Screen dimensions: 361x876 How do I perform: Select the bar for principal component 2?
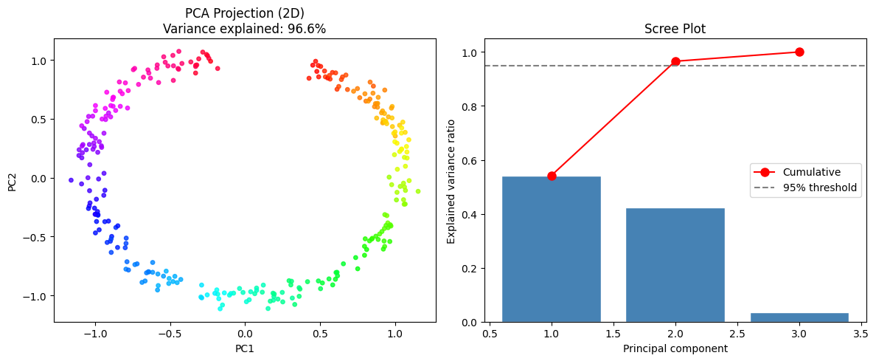[675, 265]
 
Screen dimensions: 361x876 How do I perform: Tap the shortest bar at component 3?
[799, 317]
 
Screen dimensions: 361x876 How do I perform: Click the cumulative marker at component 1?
[552, 176]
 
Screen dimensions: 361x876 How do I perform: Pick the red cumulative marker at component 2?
[675, 61]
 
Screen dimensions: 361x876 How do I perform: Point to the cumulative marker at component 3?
[799, 52]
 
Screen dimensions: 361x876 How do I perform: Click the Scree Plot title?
[675, 29]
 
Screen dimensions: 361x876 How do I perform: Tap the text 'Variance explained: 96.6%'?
[245, 29]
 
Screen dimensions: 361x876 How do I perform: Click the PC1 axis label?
[244, 348]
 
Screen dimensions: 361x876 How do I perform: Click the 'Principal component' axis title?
[675, 348]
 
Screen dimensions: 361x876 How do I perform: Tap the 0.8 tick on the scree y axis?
[468, 106]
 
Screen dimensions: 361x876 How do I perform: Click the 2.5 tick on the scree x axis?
[737, 334]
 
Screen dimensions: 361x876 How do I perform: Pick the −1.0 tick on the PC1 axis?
[95, 334]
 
